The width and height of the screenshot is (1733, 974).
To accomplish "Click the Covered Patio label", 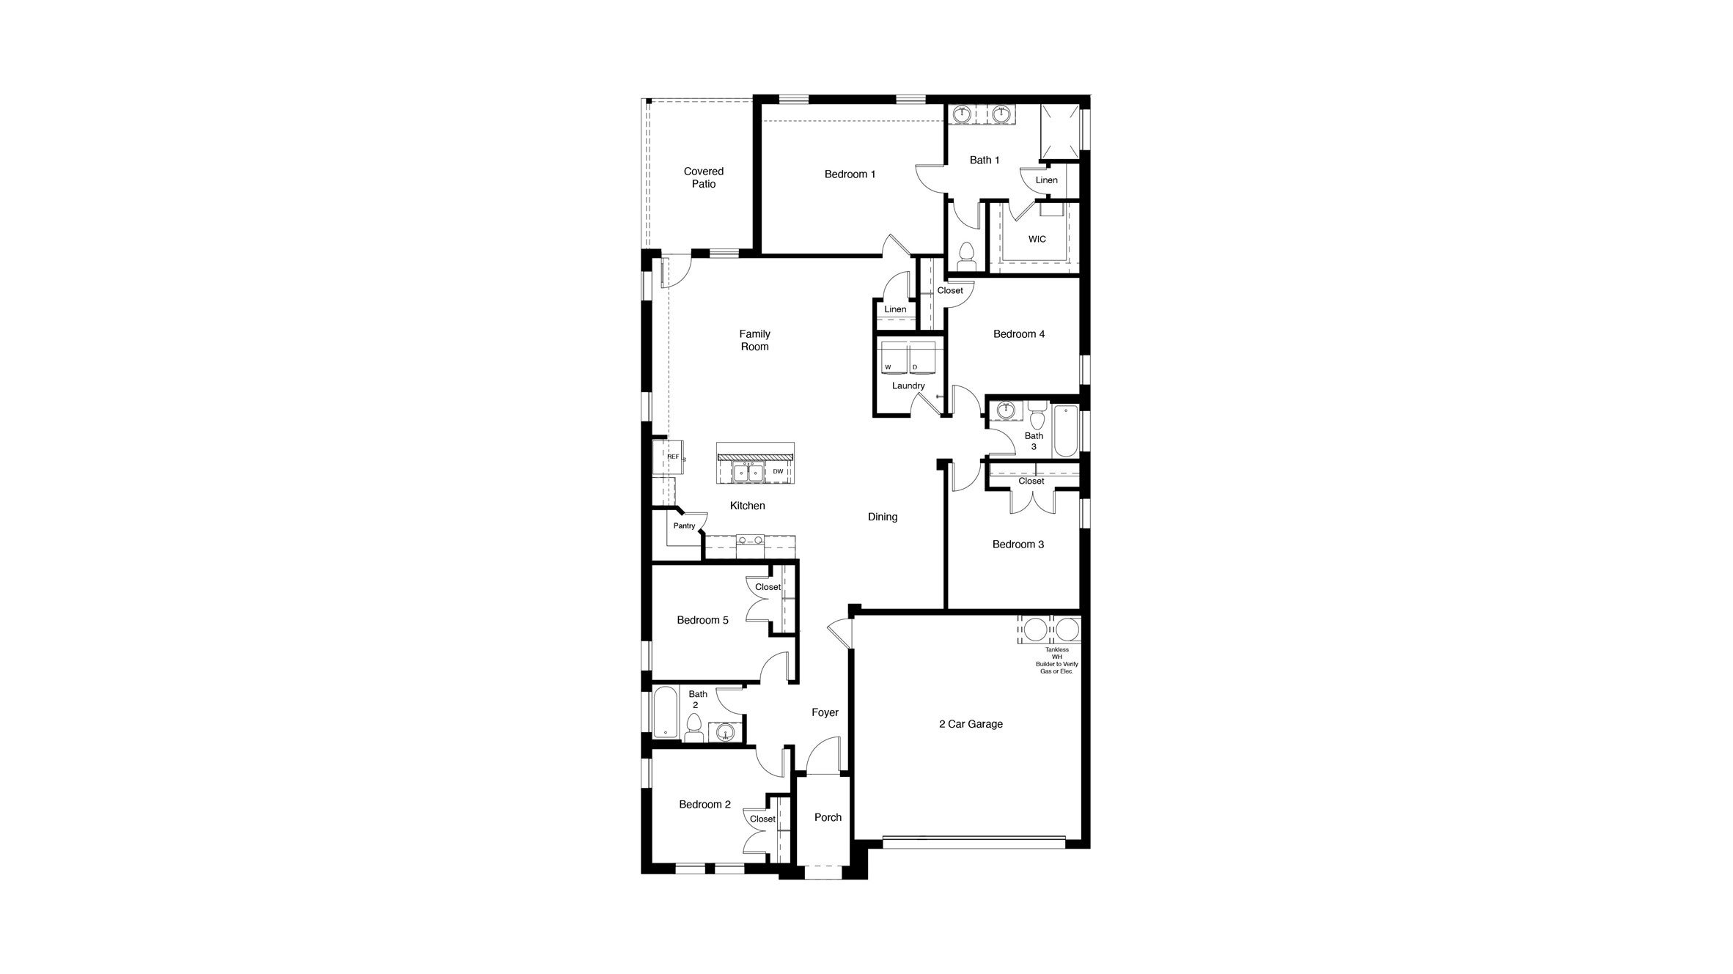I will pos(703,177).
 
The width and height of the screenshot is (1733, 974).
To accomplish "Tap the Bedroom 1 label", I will pos(850,174).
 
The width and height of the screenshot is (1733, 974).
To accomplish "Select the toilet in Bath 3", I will pos(1036,418).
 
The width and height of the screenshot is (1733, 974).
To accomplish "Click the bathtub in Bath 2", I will pos(666,712).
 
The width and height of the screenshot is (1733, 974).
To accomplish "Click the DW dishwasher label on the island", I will pos(778,471).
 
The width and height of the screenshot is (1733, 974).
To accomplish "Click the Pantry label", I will pos(684,525).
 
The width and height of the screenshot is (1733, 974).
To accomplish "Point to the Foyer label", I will pos(825,712).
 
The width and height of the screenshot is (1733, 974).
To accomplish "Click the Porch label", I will pos(828,817).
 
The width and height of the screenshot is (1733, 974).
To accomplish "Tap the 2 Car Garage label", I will pos(971,724).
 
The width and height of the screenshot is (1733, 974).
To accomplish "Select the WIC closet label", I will pos(1037,239).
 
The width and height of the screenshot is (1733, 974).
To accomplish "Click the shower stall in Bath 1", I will pos(1061,133).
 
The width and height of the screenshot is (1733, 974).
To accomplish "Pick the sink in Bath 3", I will pos(1006,410).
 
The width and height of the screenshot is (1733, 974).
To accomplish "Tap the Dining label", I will pos(882,517).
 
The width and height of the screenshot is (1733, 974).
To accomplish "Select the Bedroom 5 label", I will pos(702,620).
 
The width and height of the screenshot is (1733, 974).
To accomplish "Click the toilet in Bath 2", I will pos(693,728).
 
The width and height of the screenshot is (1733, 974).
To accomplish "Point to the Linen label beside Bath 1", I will pos(1046,180).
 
